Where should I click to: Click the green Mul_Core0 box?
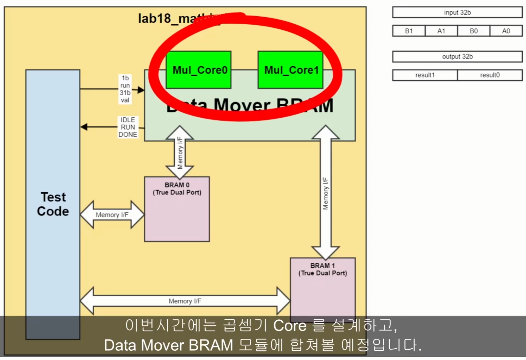pos(198,70)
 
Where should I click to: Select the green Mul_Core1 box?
pos(290,70)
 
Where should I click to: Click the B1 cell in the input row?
pos(409,31)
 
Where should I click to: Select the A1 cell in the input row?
pos(441,31)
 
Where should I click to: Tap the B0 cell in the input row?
pos(473,31)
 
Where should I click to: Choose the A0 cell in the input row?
pos(506,31)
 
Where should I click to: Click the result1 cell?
pos(425,75)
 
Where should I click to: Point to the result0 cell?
pos(490,75)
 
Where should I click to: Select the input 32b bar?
pos(457,12)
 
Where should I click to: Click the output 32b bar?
pos(457,57)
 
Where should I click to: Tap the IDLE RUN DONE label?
pos(128,127)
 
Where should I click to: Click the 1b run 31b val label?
pos(125,89)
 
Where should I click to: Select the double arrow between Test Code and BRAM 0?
pos(112,215)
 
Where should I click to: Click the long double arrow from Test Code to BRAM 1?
pos(185,301)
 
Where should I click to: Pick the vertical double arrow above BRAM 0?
pos(180,152)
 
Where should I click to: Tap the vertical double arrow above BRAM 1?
pos(326,192)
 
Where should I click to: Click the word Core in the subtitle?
pos(290,326)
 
